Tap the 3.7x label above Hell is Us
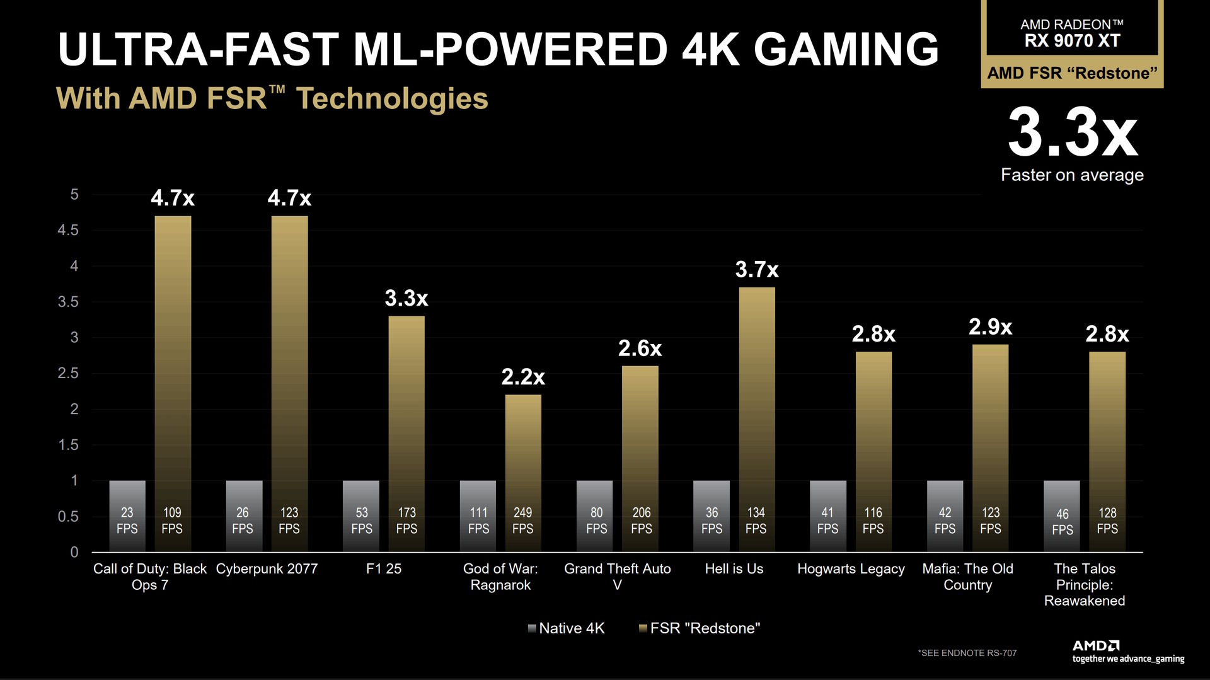[x=757, y=270]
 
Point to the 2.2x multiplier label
[x=523, y=377]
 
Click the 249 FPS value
[x=522, y=521]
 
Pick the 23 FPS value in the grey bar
[x=127, y=521]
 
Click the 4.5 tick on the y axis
[x=68, y=230]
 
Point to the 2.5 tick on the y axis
[x=68, y=373]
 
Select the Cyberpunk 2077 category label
[x=267, y=568]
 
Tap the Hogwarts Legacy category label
[x=851, y=568]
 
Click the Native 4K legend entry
[x=567, y=628]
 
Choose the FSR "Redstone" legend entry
[x=700, y=628]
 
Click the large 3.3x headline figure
[x=1073, y=133]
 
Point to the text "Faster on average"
[x=1072, y=175]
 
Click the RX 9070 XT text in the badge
[x=1072, y=41]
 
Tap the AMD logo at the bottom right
[x=1096, y=645]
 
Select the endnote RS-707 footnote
[x=967, y=653]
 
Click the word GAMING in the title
[x=846, y=49]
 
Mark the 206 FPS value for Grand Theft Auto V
[x=642, y=521]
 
